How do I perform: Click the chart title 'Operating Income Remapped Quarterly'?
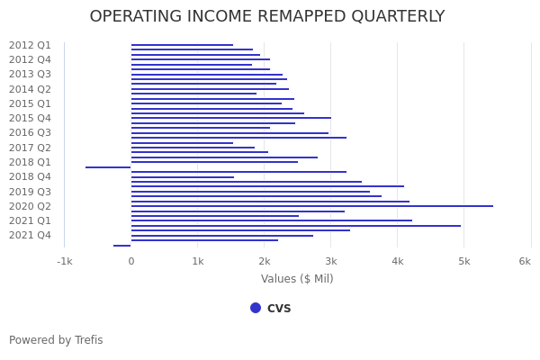pyautogui.click(x=267, y=17)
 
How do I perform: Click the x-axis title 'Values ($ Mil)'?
pyautogui.click(x=297, y=279)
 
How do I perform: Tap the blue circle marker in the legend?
pyautogui.click(x=256, y=308)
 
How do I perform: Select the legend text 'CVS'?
pyautogui.click(x=279, y=308)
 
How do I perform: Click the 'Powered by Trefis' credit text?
pyautogui.click(x=56, y=340)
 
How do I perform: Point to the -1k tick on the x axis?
pyautogui.click(x=65, y=261)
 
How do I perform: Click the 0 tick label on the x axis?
pyautogui.click(x=130, y=261)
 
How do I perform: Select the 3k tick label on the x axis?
pyautogui.click(x=330, y=261)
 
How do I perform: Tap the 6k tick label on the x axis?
pyautogui.click(x=525, y=261)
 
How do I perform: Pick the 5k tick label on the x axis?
pyautogui.click(x=463, y=261)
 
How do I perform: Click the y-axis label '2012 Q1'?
pyautogui.click(x=30, y=45)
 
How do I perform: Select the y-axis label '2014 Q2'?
pyautogui.click(x=30, y=89)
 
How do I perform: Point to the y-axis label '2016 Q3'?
pyautogui.click(x=30, y=132)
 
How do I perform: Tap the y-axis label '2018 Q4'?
pyautogui.click(x=30, y=176)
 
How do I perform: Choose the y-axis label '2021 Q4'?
pyautogui.click(x=30, y=235)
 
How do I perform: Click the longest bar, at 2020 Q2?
pyautogui.click(x=311, y=206)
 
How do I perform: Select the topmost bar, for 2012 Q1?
pyautogui.click(x=182, y=45)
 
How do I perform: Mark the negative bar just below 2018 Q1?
pyautogui.click(x=108, y=167)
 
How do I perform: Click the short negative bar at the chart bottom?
pyautogui.click(x=121, y=246)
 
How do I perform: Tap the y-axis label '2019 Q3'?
pyautogui.click(x=30, y=192)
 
